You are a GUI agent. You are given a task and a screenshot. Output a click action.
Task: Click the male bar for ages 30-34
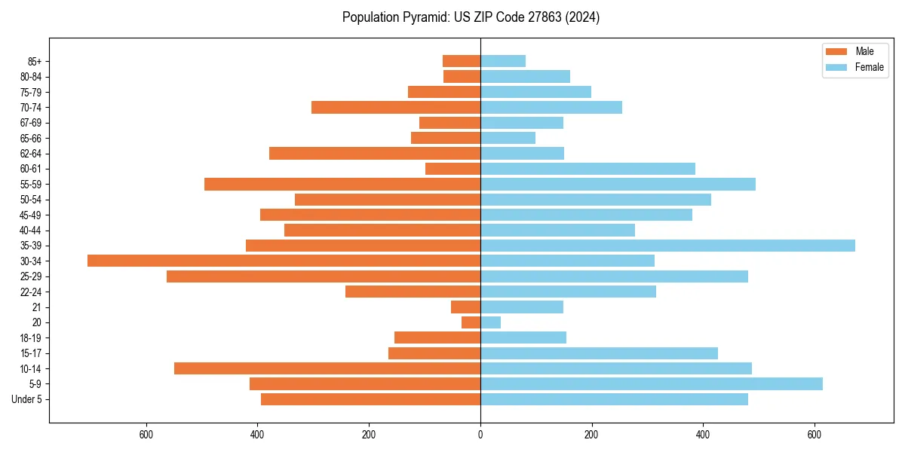pyautogui.click(x=284, y=261)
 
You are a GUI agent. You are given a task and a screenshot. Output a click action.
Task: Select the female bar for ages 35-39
pyautogui.click(x=667, y=246)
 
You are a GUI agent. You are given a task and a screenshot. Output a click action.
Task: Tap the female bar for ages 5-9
pyautogui.click(x=652, y=383)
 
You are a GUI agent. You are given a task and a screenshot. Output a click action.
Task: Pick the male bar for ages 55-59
pyautogui.click(x=342, y=184)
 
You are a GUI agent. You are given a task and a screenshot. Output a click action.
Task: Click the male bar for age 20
pyautogui.click(x=471, y=322)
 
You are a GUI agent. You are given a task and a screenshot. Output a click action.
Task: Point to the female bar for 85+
pyautogui.click(x=503, y=61)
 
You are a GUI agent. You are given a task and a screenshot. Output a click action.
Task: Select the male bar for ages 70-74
pyautogui.click(x=396, y=107)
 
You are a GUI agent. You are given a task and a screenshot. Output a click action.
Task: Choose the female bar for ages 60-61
pyautogui.click(x=587, y=169)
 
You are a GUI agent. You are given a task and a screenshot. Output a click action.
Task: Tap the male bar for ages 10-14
pyautogui.click(x=327, y=368)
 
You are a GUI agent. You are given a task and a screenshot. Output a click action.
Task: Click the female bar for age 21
pyautogui.click(x=522, y=307)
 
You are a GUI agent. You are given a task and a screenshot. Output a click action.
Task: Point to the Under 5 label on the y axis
pyautogui.click(x=26, y=399)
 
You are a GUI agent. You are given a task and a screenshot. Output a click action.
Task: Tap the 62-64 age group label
pyautogui.click(x=31, y=154)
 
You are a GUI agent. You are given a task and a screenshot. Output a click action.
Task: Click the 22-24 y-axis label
pyautogui.click(x=31, y=292)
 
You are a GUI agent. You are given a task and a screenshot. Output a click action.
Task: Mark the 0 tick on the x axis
pyautogui.click(x=480, y=434)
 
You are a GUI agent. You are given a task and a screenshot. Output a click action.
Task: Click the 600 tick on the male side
pyautogui.click(x=146, y=434)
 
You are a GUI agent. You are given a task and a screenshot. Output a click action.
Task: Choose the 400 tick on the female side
pyautogui.click(x=703, y=434)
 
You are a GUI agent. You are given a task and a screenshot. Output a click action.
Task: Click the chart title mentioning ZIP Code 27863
pyautogui.click(x=471, y=17)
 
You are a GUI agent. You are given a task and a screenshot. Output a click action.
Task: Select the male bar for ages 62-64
pyautogui.click(x=375, y=153)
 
